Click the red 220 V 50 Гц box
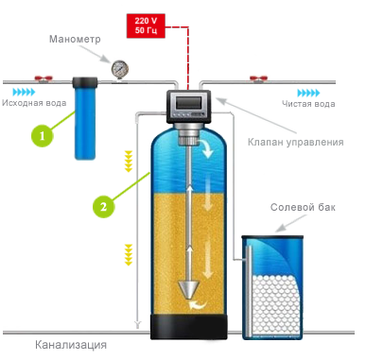coord(146,26)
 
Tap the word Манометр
coord(75,39)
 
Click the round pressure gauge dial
coord(120,68)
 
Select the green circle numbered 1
coord(42,136)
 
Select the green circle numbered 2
coord(103,207)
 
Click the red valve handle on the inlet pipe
coord(43,78)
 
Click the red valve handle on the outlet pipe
coord(258,78)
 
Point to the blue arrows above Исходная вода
coord(25,93)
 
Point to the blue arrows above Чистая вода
coord(308,93)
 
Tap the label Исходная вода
coord(34,103)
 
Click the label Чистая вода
coord(308,104)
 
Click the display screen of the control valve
coord(188,102)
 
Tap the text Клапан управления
coord(295,142)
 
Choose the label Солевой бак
coord(303,207)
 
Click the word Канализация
coord(71,345)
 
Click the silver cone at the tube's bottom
coord(189,290)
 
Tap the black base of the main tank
coord(189,327)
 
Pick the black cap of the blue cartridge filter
coord(85,82)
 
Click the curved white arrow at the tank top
coord(207,149)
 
